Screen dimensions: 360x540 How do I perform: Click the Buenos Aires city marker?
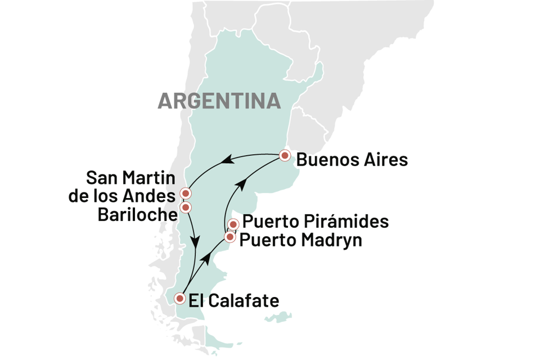tap(286, 155)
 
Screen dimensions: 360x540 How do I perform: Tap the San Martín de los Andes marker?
tap(185, 194)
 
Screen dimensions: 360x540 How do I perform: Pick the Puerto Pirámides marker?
tap(233, 224)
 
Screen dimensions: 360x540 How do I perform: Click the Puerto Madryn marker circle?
tap(229, 237)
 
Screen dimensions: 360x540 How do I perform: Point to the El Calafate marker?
tap(180, 298)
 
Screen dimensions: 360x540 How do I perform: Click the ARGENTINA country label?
tap(218, 101)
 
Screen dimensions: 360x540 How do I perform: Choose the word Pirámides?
tap(348, 222)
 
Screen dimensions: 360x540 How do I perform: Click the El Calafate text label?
tap(233, 301)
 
